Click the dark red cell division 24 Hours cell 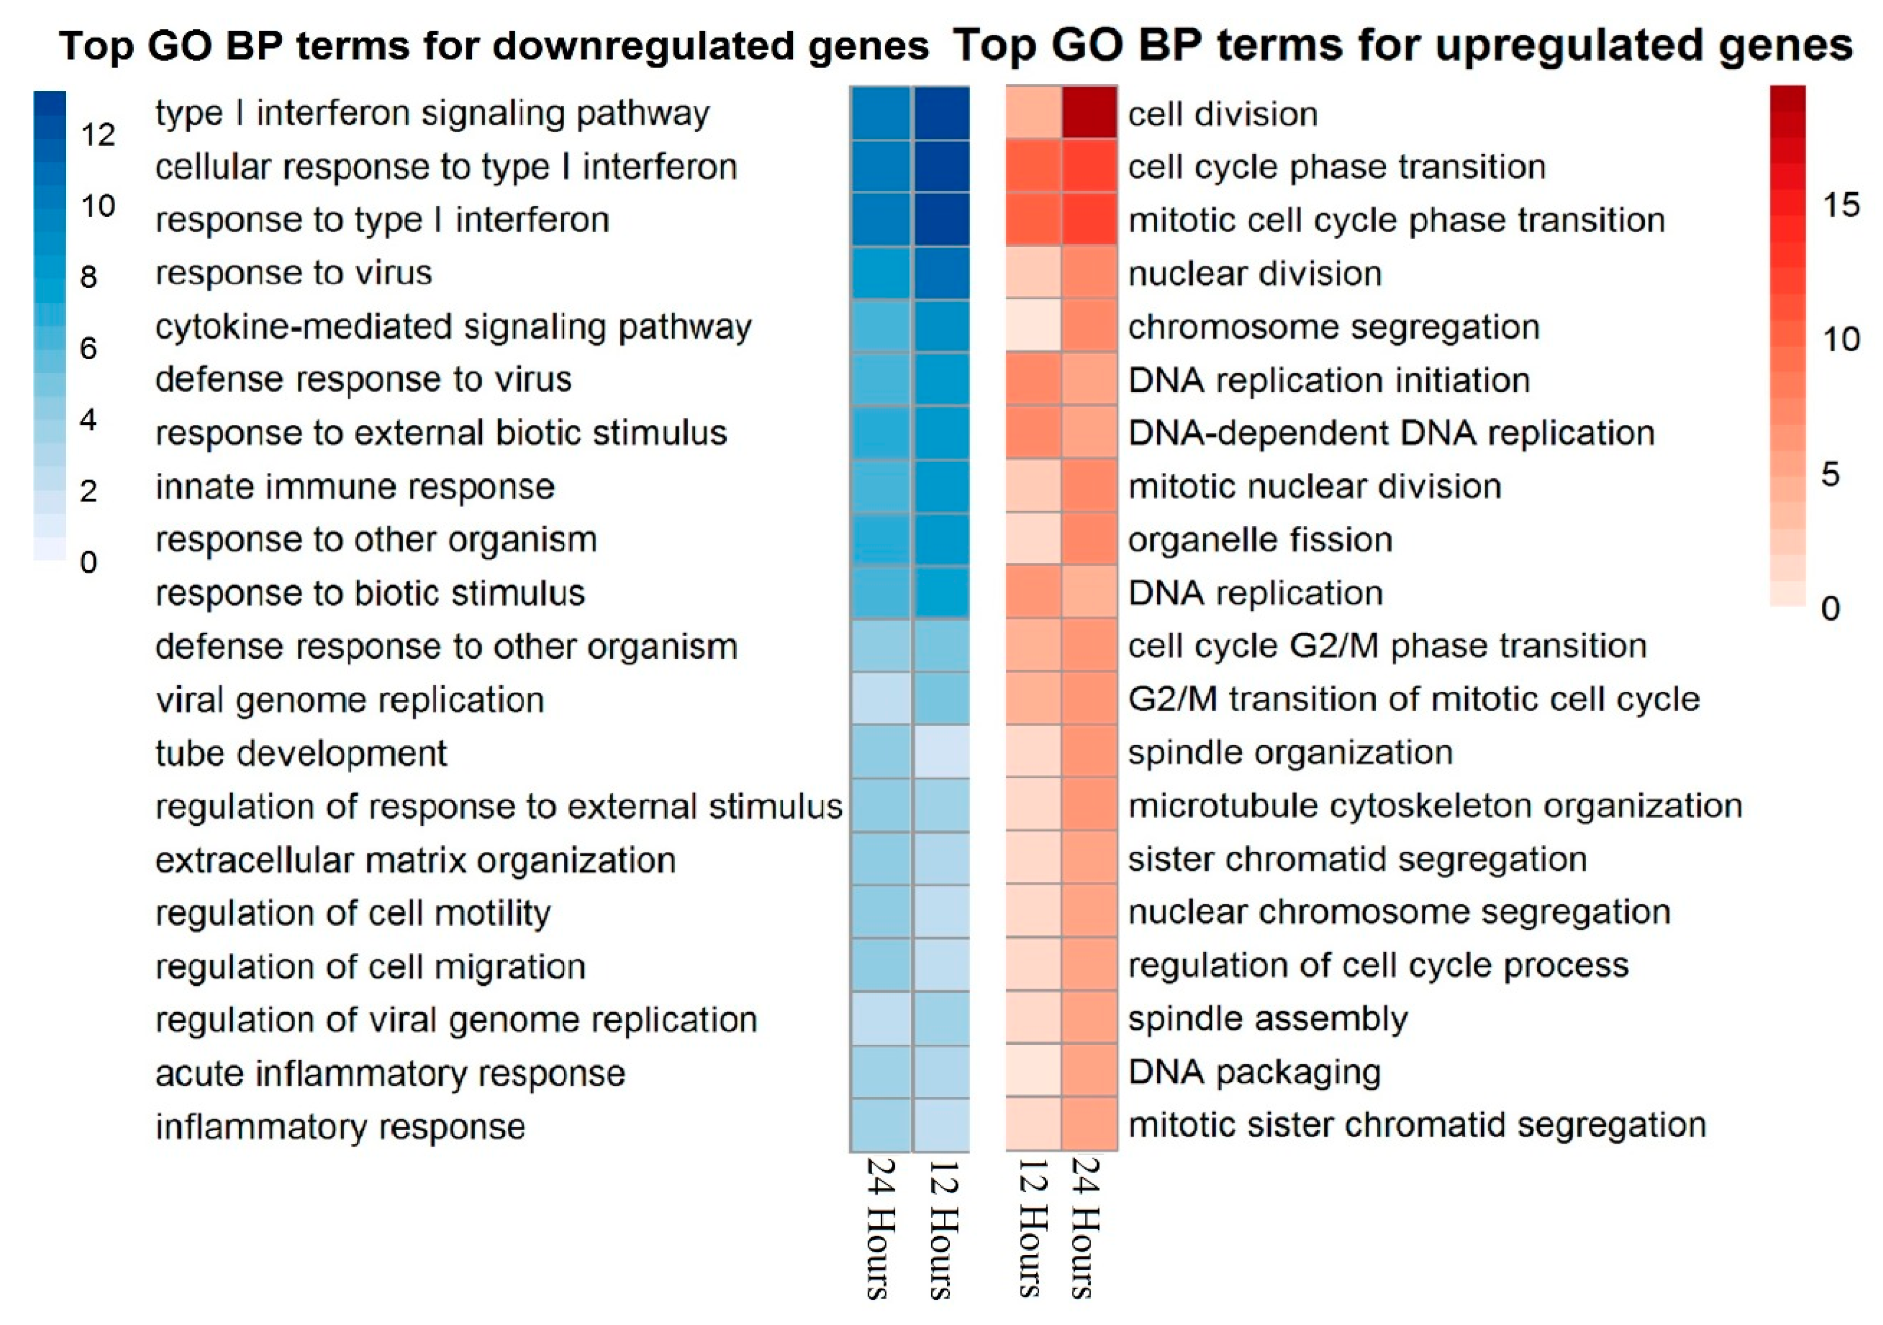pos(1089,113)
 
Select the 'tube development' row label pos(301,753)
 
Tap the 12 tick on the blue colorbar pos(97,134)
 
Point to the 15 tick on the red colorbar pos(1840,204)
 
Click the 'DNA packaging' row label pos(1254,1072)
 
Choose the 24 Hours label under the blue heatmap pos(880,1228)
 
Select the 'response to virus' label pos(294,273)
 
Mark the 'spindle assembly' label pos(1268,1018)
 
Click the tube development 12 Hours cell pos(941,752)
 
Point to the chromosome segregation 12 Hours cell pos(1034,326)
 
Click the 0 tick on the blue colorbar pos(89,563)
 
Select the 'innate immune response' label pos(355,486)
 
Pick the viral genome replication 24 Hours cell pos(880,698)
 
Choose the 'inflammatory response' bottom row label pos(340,1126)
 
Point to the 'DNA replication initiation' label pos(1328,379)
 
